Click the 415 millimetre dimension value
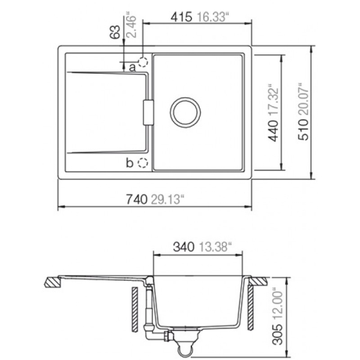click(x=181, y=17)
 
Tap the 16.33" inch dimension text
click(x=213, y=17)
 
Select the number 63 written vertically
click(x=115, y=32)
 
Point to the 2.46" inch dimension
click(x=131, y=26)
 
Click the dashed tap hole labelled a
click(x=143, y=62)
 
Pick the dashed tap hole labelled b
click(x=143, y=163)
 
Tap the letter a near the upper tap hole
click(x=133, y=67)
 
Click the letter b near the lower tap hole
click(x=130, y=163)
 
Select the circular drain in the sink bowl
click(x=185, y=112)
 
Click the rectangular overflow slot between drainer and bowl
click(x=148, y=113)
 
